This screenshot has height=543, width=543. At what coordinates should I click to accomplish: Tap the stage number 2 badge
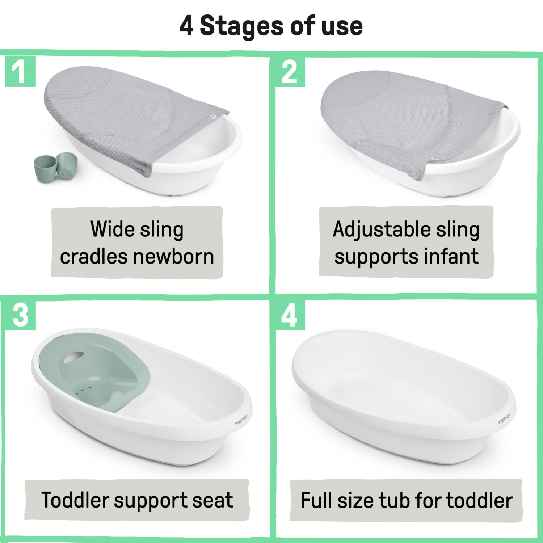coord(290,72)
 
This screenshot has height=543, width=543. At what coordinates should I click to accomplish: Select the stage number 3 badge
coord(20,315)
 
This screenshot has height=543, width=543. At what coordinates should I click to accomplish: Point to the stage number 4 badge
coord(290,315)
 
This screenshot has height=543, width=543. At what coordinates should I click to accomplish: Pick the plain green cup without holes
coord(45,168)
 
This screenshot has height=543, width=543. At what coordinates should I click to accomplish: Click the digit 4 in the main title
coord(186,26)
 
